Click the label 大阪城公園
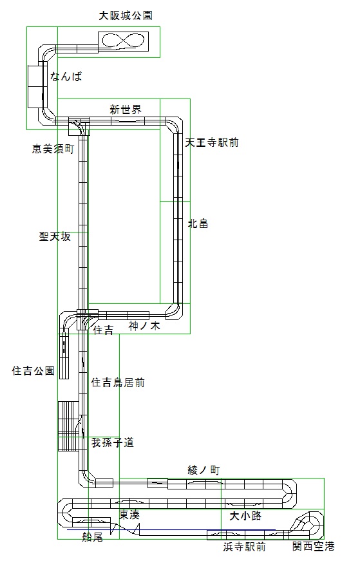[x=126, y=15]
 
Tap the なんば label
[x=66, y=76]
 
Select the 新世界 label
[x=126, y=109]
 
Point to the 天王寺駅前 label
[x=212, y=142]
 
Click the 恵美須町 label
[x=53, y=149]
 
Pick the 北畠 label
[x=198, y=223]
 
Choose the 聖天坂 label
[x=55, y=236]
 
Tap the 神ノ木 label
[x=144, y=326]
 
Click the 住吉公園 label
[x=33, y=370]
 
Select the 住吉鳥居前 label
[x=118, y=382]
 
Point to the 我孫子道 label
[x=113, y=442]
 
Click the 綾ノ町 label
[x=204, y=470]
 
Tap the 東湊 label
[x=129, y=515]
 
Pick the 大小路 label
[x=245, y=515]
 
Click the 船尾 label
[x=92, y=536]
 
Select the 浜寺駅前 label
[x=245, y=547]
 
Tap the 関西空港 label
[x=313, y=546]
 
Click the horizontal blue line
[x=171, y=529]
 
